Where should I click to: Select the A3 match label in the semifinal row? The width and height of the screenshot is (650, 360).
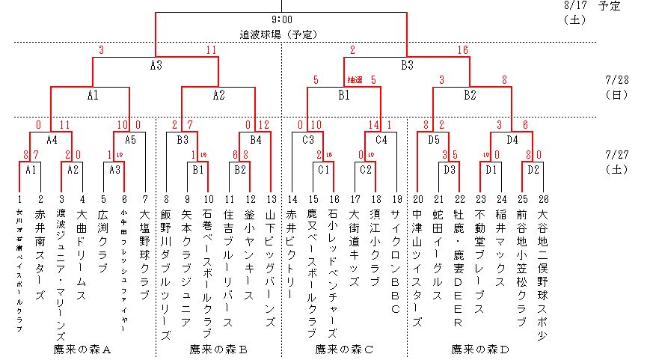pos(156,65)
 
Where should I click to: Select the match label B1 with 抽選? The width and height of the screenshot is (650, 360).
pos(344,95)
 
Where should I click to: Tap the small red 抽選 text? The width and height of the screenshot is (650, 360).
pos(355,79)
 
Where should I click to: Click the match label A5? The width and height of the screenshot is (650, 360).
pos(129,139)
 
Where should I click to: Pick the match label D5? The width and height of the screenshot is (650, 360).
pos(433,139)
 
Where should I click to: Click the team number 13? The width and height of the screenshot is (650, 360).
pos(271,199)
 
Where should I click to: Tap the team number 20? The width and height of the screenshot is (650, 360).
pos(417,199)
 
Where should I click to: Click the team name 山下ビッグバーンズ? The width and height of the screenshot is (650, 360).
pos(271,266)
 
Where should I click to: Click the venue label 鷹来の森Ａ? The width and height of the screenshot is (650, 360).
pos(82,349)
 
